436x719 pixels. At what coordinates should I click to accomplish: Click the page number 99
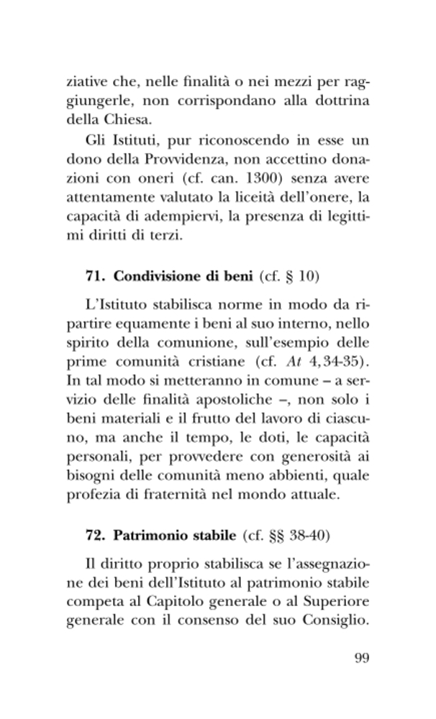pos(361,658)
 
